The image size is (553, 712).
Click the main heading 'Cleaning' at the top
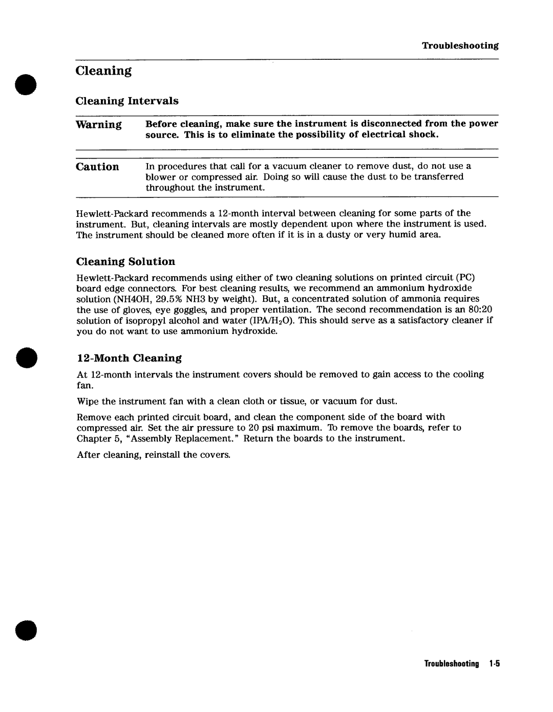tap(103, 71)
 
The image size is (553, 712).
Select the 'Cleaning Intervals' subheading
tap(127, 101)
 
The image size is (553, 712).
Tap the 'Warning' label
tap(99, 125)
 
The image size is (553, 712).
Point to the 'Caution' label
tap(97, 167)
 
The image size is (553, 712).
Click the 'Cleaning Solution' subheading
tap(125, 262)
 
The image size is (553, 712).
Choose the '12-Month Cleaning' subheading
tap(129, 358)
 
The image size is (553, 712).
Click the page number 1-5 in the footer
tap(494, 664)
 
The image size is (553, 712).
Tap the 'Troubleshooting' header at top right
tap(460, 46)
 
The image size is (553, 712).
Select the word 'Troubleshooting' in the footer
tap(451, 664)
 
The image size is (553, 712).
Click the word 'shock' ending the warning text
tap(426, 135)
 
